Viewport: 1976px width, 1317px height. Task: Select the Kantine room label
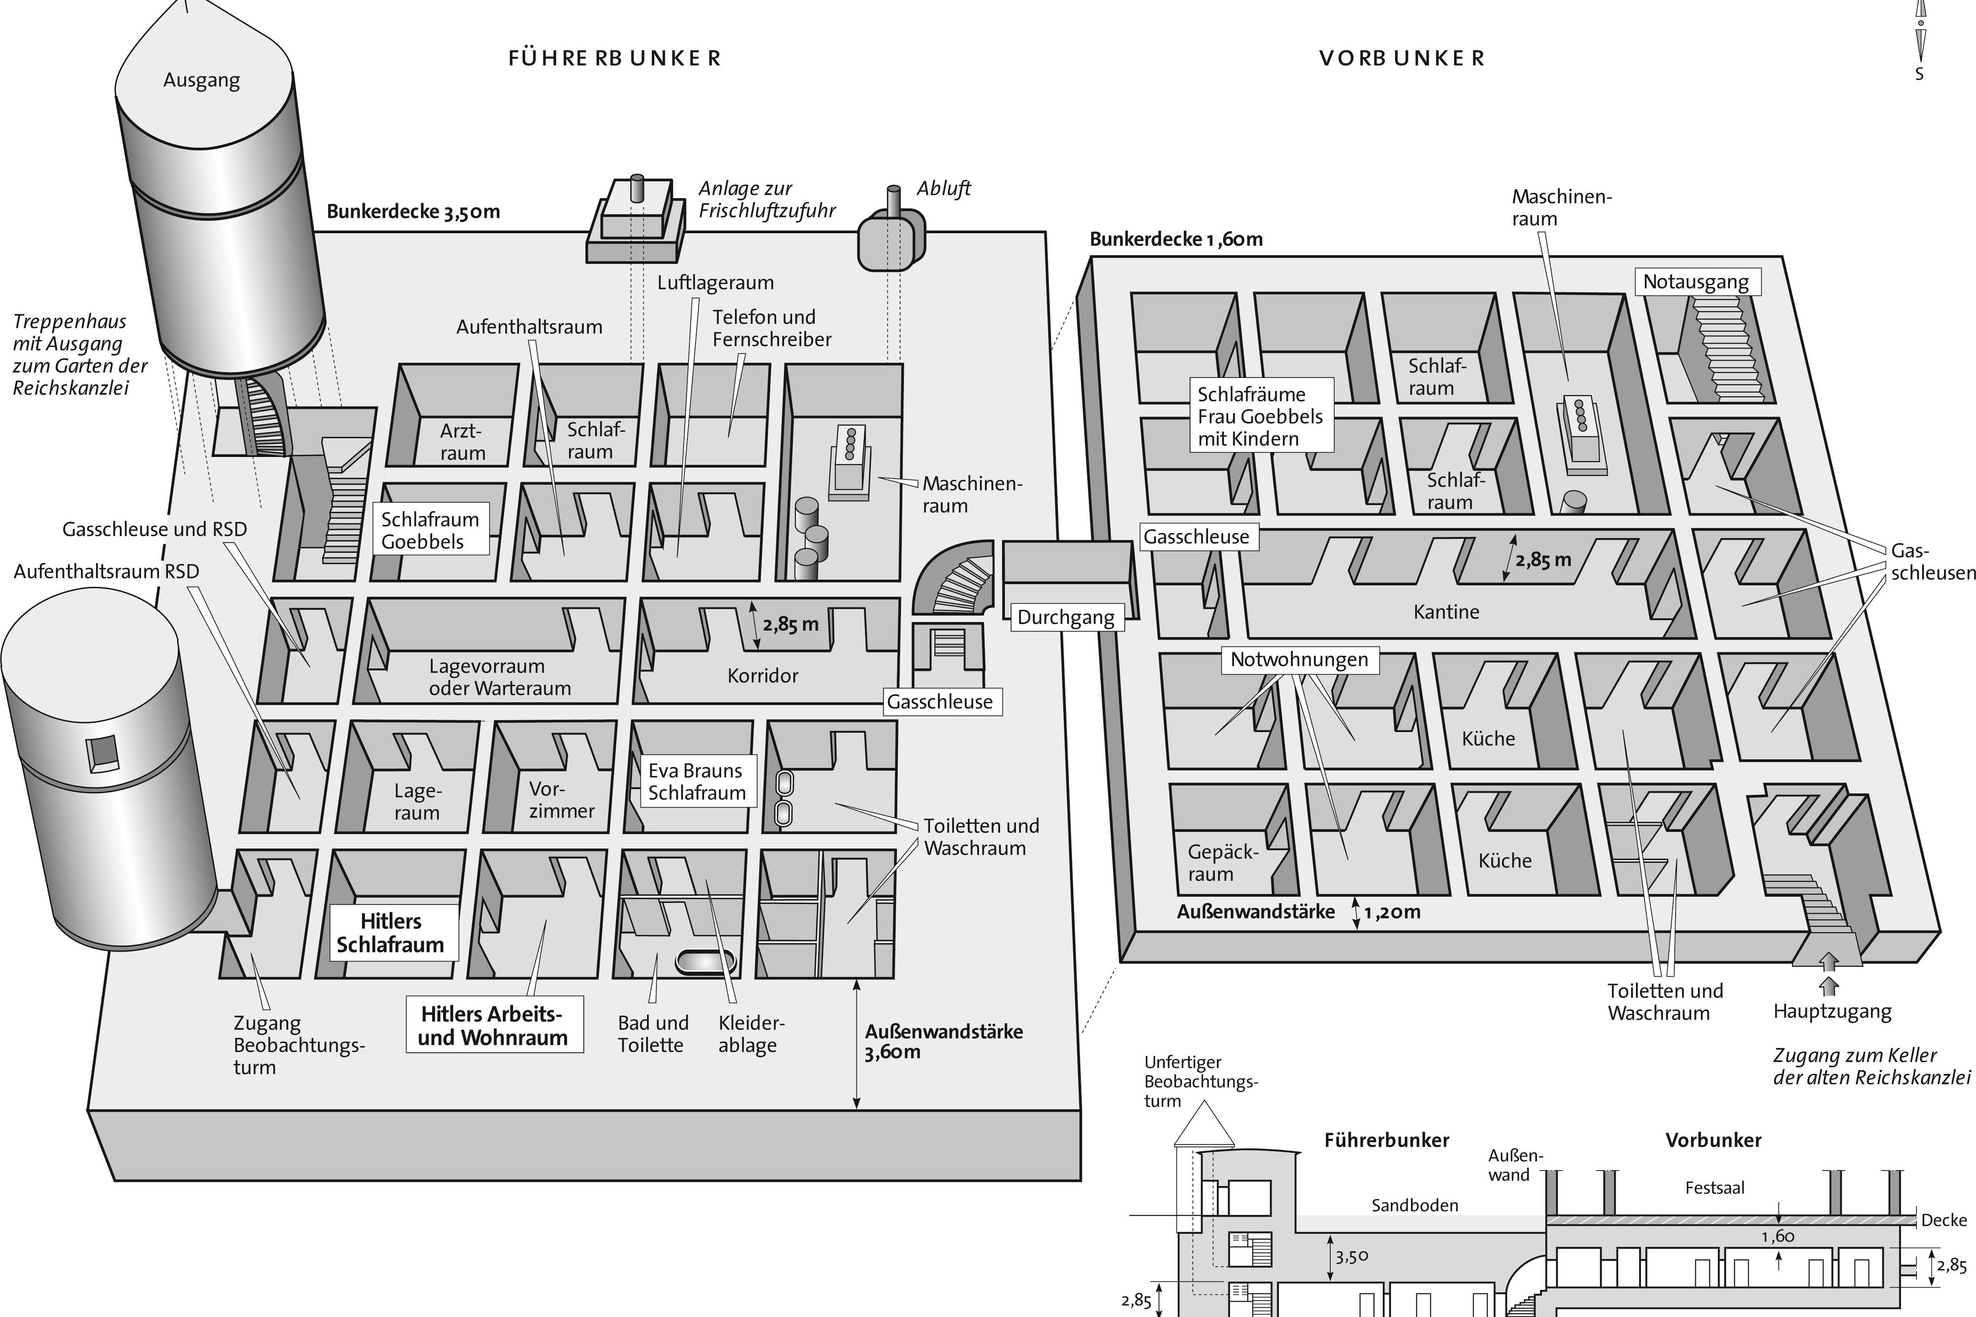(x=1446, y=611)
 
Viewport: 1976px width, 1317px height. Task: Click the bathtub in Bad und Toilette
(x=706, y=962)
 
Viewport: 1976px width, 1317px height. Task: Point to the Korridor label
(x=762, y=676)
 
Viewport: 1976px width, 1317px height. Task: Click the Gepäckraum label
(x=1222, y=863)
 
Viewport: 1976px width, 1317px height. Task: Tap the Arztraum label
(x=462, y=442)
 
